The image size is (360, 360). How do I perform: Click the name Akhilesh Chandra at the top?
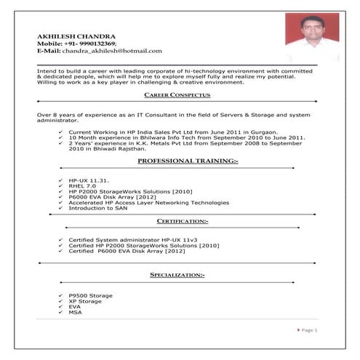coord(76,36)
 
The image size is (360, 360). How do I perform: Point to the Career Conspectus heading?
coord(177,95)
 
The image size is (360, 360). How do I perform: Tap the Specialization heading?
coord(177,276)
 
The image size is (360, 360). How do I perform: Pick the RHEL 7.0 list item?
coord(82,185)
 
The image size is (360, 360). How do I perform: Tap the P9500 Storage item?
coord(90,295)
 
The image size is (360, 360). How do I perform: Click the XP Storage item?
coord(85,301)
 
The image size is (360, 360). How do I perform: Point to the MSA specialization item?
coord(75,313)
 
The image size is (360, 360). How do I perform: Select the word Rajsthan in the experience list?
coord(130,148)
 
